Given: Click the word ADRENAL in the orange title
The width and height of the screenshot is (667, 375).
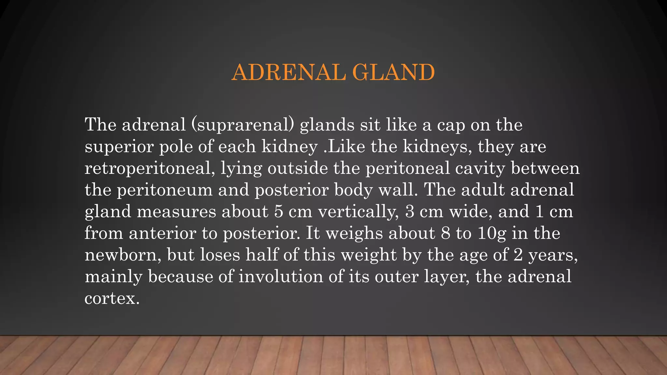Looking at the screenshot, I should point(289,72).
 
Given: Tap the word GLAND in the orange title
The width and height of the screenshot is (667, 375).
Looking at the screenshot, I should point(393,72).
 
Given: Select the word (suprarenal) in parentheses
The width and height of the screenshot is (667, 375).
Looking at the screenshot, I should point(243,125).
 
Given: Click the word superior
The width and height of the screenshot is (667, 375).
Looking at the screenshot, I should point(119,147).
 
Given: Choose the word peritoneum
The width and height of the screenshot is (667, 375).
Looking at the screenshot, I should point(165,190).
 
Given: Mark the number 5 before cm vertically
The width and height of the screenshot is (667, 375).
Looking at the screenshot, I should point(278,212).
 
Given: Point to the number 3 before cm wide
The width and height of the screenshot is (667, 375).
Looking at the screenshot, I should point(410,212).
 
